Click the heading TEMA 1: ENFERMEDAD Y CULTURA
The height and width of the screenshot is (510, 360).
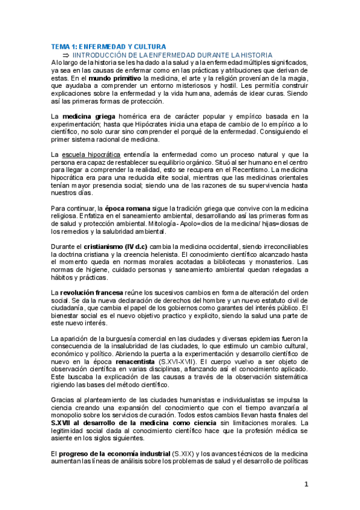click(x=109, y=46)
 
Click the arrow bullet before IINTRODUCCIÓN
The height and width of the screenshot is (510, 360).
click(x=67, y=54)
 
